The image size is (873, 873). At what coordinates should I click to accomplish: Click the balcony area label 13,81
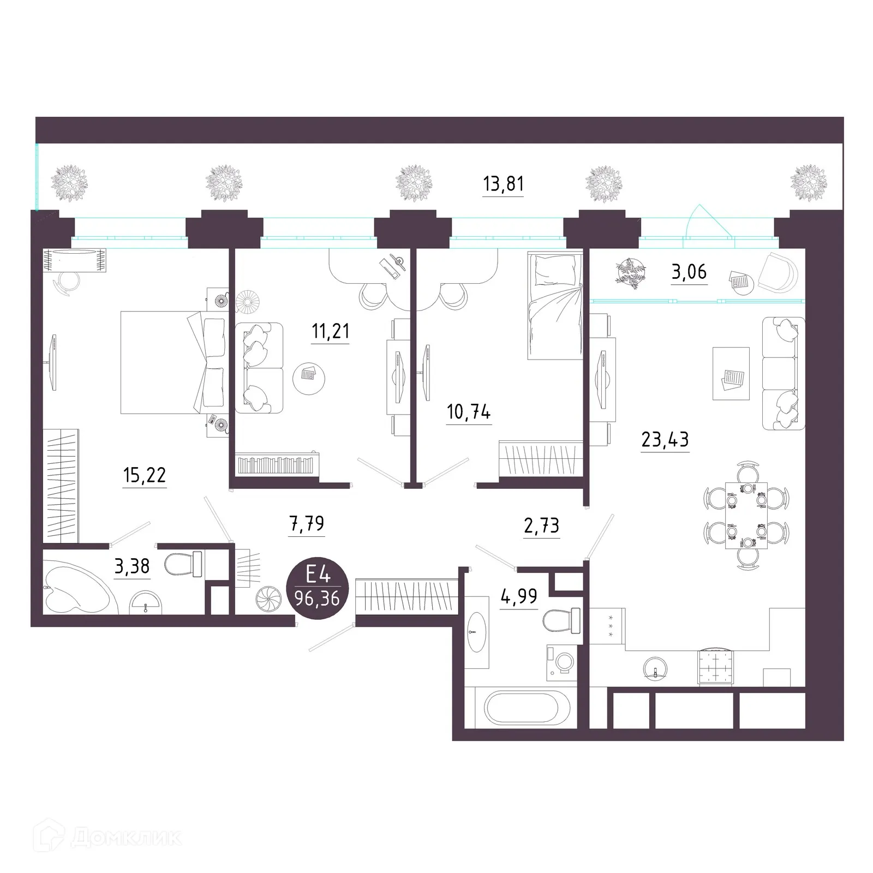(x=503, y=184)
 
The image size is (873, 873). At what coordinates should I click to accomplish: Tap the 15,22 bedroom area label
(x=145, y=476)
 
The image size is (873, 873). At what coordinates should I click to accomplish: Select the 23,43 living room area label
(x=665, y=439)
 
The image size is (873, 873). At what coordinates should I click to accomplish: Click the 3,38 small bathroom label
(x=132, y=566)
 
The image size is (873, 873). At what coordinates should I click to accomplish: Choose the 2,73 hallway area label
(x=541, y=525)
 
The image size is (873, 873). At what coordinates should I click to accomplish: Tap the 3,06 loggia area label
(x=689, y=271)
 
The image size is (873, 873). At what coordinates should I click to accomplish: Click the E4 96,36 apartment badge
(x=317, y=591)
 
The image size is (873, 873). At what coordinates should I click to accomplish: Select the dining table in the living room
(x=746, y=515)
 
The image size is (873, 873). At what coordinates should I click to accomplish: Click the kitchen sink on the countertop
(x=654, y=667)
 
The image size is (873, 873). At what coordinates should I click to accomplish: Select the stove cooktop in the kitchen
(x=715, y=665)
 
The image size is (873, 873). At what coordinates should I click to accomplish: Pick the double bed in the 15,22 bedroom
(x=172, y=362)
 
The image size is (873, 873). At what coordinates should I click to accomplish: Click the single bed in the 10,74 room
(x=554, y=305)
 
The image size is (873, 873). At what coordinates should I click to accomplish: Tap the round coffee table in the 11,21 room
(x=309, y=376)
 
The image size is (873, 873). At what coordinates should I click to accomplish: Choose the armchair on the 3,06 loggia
(x=778, y=273)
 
